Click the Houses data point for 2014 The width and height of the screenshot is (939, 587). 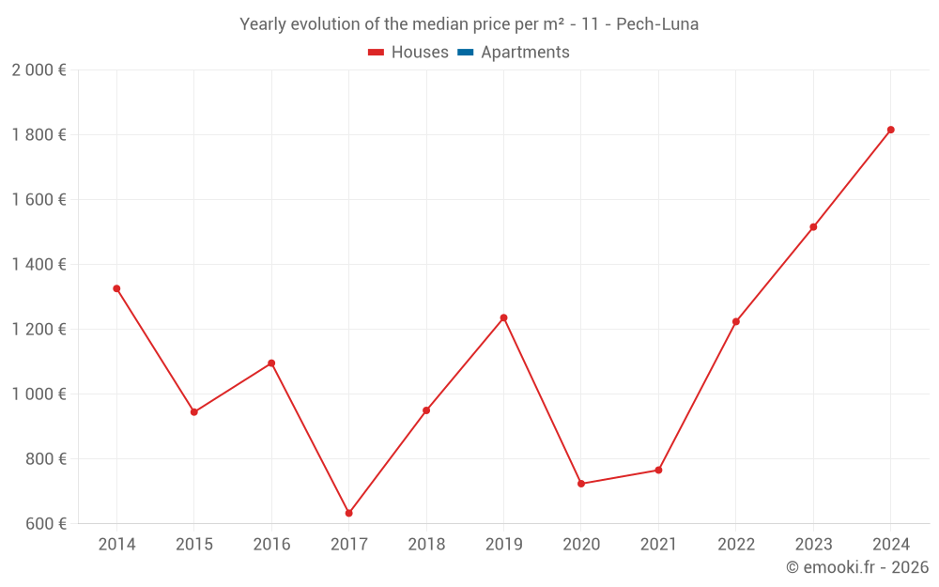[116, 288]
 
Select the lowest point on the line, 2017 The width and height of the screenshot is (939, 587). [349, 513]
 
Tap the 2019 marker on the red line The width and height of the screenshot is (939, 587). [503, 317]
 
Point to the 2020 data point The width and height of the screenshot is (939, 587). [581, 484]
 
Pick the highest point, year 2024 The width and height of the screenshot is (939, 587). [891, 130]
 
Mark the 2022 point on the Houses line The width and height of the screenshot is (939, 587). [736, 321]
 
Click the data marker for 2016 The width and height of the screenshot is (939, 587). [271, 363]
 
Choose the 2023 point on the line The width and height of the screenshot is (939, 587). [813, 227]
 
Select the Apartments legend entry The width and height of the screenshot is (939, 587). [525, 53]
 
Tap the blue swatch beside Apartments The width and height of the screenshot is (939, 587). [465, 53]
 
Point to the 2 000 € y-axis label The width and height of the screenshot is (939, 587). [39, 70]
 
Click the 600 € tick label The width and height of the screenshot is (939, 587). [45, 524]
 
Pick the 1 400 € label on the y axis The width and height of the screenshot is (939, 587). [39, 265]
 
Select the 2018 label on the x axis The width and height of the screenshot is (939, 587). [426, 545]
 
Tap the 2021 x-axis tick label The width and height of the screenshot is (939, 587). [658, 545]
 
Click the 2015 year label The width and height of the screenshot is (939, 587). [194, 545]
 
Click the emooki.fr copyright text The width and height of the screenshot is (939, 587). [857, 567]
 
